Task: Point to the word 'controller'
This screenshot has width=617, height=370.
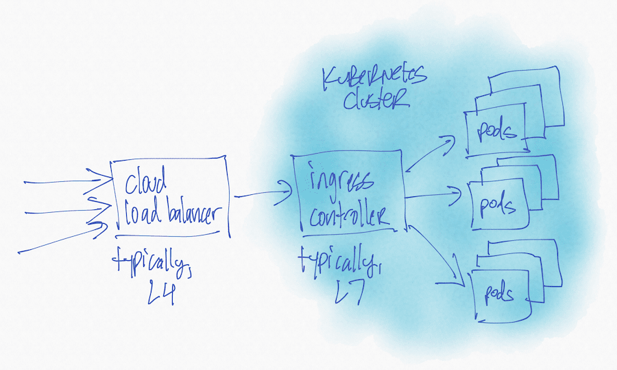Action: [349, 216]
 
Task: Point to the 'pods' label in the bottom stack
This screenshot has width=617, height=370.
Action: [499, 295]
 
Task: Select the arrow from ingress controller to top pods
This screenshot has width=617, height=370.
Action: [431, 152]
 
